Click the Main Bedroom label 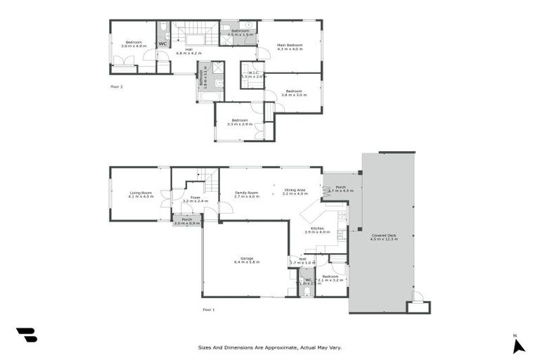(x=289, y=46)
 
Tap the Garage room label (x=247, y=259)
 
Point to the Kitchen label (x=316, y=229)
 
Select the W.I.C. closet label (x=250, y=72)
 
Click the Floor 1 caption (x=208, y=309)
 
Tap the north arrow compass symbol (x=518, y=345)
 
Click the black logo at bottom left (x=26, y=335)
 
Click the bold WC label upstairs (x=162, y=44)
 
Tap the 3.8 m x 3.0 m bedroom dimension (x=293, y=95)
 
